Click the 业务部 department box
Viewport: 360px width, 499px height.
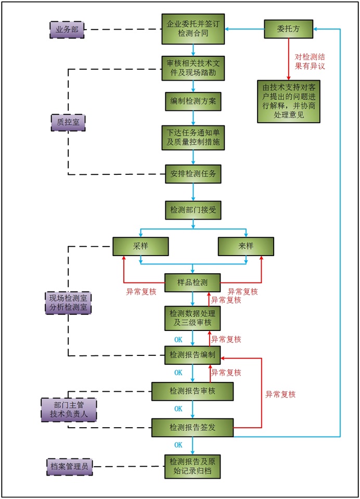(x=67, y=30)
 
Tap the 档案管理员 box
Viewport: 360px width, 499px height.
(x=69, y=466)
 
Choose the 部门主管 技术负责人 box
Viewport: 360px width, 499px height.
(x=68, y=410)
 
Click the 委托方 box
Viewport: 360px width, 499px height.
(x=288, y=30)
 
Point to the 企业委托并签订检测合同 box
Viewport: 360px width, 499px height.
(x=192, y=29)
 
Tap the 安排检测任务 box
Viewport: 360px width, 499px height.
(x=192, y=174)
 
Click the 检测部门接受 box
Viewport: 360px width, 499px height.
(x=192, y=210)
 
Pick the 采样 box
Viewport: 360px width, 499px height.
(x=141, y=246)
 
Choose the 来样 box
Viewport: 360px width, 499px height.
(x=246, y=246)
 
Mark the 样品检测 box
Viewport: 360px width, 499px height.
(x=192, y=283)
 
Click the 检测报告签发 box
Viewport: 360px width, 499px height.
(x=192, y=427)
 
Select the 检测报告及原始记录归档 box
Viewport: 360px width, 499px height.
(x=192, y=466)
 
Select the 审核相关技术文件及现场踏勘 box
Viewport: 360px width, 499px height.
(x=192, y=68)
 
